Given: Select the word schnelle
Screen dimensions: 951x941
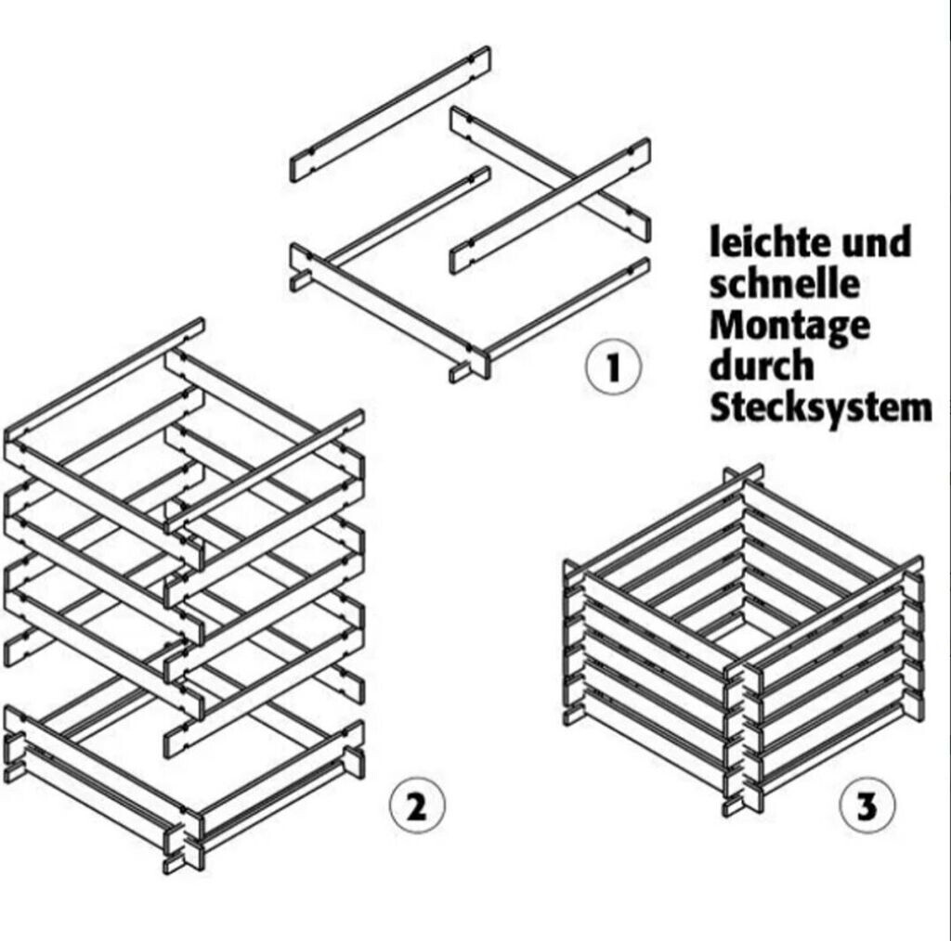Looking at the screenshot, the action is click(785, 285).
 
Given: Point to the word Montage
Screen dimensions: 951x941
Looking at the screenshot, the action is click(790, 328).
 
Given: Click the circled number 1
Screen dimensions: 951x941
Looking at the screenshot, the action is click(612, 367).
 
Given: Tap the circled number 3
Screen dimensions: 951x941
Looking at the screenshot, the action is click(866, 805).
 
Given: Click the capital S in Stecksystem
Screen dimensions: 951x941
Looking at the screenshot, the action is click(723, 407).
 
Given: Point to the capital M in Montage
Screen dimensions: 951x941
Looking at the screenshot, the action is click(729, 326).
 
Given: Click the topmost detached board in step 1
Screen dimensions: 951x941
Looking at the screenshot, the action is click(390, 113).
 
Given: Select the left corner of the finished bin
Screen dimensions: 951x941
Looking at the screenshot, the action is click(575, 640).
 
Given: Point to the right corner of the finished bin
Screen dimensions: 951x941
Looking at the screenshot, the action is click(914, 640).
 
